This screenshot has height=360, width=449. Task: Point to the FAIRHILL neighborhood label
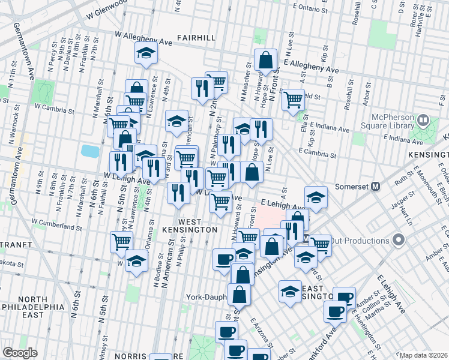(196, 38)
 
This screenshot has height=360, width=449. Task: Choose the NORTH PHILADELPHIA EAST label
(41, 307)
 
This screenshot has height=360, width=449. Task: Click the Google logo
(20, 353)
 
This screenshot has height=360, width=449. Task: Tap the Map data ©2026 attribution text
(423, 355)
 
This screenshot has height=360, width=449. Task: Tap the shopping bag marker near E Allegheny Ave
(265, 61)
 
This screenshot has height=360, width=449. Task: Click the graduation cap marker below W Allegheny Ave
(145, 54)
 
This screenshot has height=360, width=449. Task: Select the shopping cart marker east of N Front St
(293, 100)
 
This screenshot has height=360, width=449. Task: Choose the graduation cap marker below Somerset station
(316, 197)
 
